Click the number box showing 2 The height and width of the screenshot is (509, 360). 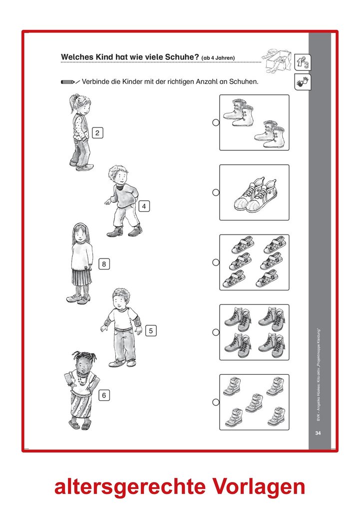pos(97,133)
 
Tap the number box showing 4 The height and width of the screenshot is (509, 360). pos(144,206)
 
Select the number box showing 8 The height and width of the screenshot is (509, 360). pos(104,264)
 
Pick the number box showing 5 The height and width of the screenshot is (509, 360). pos(151,331)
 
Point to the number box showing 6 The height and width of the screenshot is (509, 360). pos(104,395)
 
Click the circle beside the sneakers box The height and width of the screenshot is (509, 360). pos(216,193)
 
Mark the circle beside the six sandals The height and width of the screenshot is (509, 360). pos(216,262)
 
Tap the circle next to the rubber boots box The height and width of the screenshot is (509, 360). pos(216,122)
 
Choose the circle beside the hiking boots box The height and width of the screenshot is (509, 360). pos(216,332)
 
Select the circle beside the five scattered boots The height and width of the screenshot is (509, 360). pos(216,402)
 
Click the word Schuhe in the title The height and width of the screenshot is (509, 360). pos(180,57)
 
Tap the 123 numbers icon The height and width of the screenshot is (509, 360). pos(303,62)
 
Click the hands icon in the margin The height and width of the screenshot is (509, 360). pos(303,82)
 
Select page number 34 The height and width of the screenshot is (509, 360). pos(318,433)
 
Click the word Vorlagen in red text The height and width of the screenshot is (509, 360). pos(259,487)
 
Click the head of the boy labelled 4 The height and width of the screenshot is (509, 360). pos(117,176)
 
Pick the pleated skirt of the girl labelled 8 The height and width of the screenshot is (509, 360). pos(81,277)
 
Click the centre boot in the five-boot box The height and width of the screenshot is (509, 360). pos(254,403)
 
